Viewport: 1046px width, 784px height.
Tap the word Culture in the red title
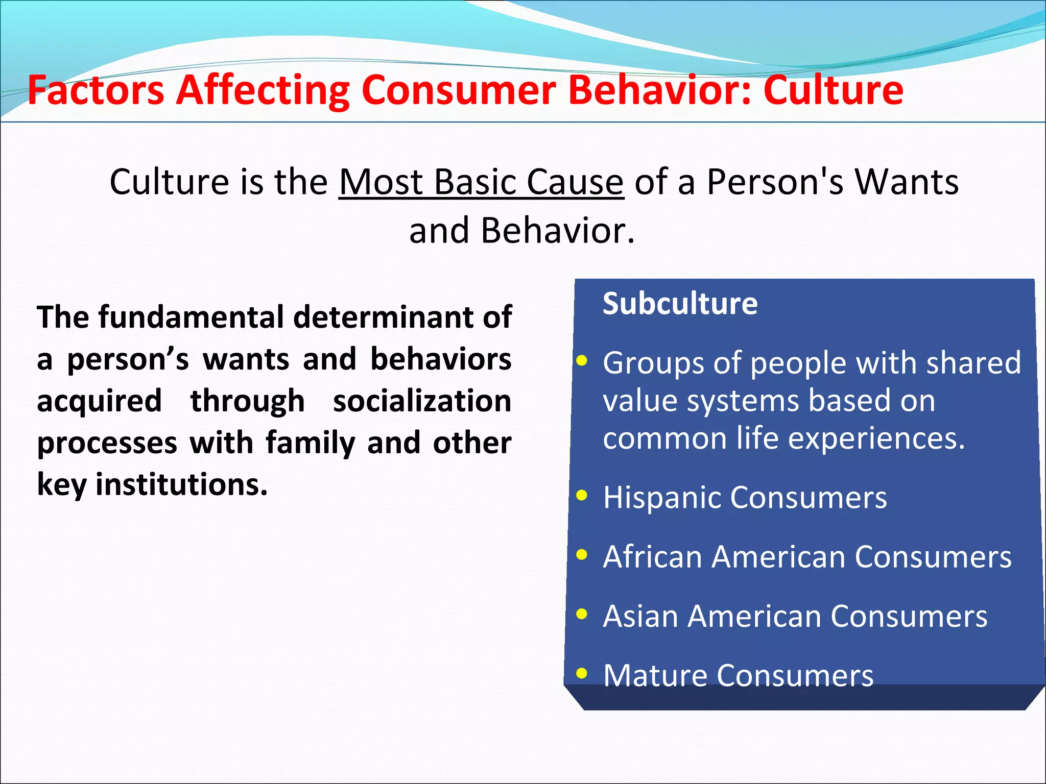pyautogui.click(x=833, y=90)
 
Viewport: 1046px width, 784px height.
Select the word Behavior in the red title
pyautogui.click(x=659, y=90)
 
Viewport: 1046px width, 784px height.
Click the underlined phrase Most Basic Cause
pyautogui.click(x=481, y=182)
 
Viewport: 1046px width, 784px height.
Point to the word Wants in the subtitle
pyautogui.click(x=907, y=182)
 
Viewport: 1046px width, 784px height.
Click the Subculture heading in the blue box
pyautogui.click(x=680, y=304)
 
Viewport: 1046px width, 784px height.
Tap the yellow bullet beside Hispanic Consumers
pyautogui.click(x=581, y=495)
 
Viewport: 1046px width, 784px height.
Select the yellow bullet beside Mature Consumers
pyautogui.click(x=581, y=673)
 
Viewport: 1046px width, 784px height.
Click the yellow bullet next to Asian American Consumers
pyautogui.click(x=581, y=614)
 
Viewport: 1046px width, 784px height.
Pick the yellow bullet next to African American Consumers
pyautogui.click(x=581, y=554)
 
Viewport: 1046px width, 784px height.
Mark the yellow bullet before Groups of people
pyautogui.click(x=581, y=361)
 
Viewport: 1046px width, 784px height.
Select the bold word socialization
pyautogui.click(x=422, y=401)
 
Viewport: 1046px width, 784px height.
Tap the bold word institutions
pyautogui.click(x=181, y=484)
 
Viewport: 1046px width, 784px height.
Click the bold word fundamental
pyautogui.click(x=191, y=317)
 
